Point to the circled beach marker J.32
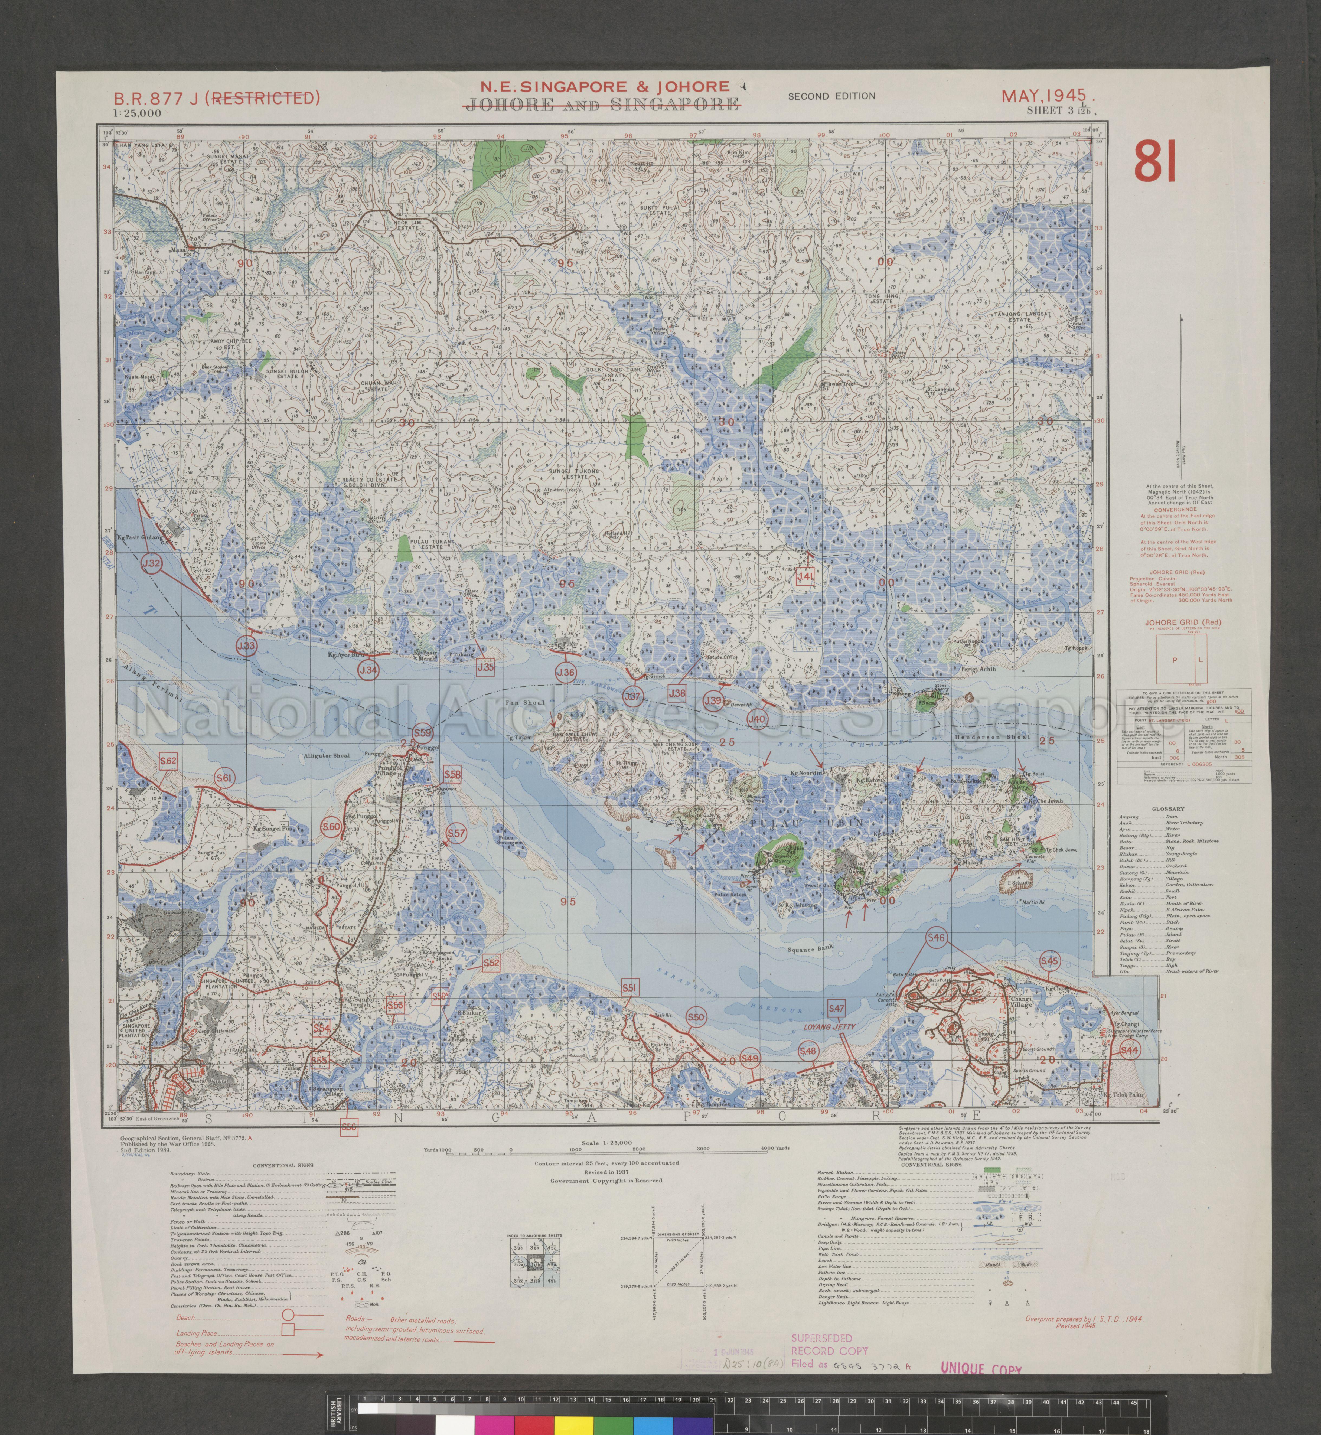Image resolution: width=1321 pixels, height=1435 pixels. pos(152,564)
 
